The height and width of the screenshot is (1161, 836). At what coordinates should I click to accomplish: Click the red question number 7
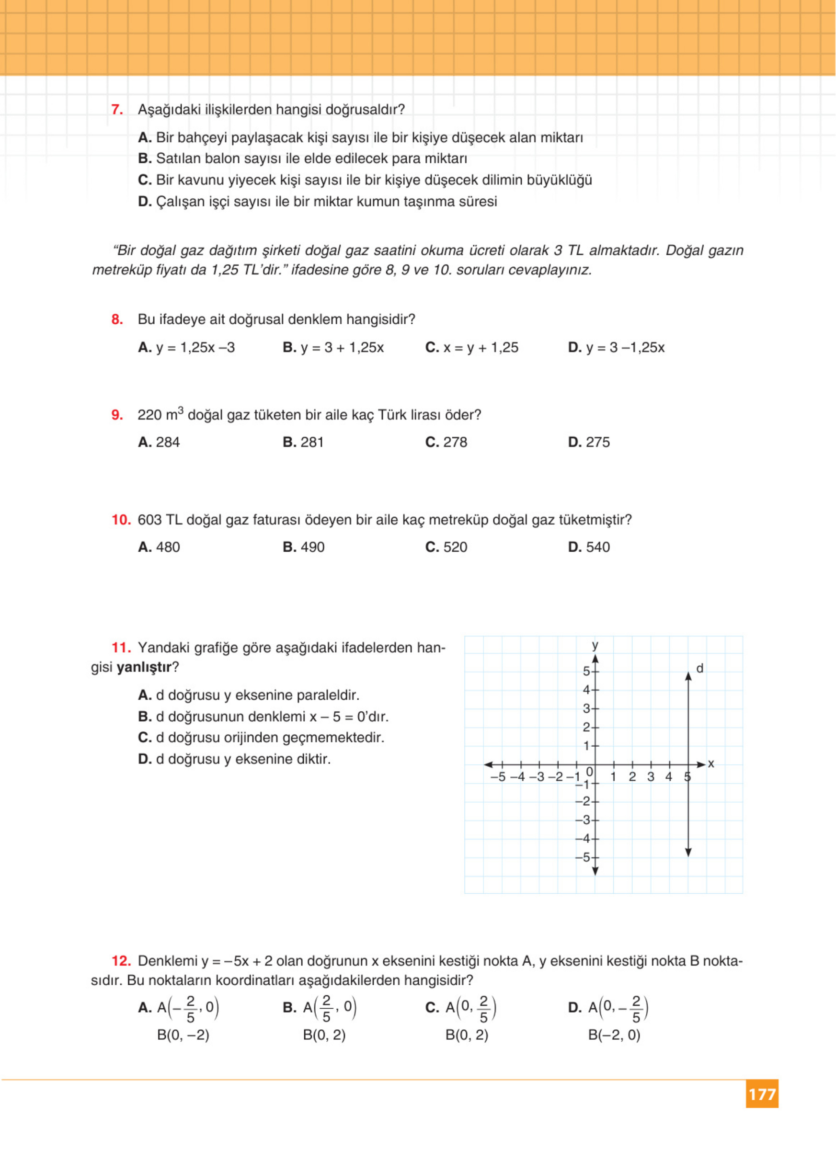[x=117, y=110]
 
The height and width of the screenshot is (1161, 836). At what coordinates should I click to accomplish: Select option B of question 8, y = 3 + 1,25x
[x=333, y=348]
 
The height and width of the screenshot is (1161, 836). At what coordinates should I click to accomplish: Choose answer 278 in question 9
[x=447, y=442]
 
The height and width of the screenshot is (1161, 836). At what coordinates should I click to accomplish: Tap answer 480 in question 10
[x=159, y=547]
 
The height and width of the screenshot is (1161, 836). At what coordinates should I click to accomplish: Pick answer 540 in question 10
[x=589, y=547]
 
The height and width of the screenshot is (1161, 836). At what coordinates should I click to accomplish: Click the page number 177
[x=762, y=1094]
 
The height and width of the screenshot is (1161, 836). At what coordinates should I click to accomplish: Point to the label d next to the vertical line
[x=700, y=668]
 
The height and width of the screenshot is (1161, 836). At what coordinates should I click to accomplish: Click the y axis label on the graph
[x=595, y=645]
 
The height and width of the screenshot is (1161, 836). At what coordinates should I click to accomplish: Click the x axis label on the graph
[x=711, y=764]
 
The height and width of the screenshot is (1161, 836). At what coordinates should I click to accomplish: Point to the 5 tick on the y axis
[x=587, y=671]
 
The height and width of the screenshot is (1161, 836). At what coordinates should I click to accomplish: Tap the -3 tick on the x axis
[x=537, y=777]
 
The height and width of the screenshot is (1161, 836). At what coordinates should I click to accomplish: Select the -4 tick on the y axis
[x=583, y=839]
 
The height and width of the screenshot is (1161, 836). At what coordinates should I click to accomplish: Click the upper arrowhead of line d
[x=688, y=676]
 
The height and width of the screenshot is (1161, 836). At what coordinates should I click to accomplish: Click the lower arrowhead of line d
[x=688, y=853]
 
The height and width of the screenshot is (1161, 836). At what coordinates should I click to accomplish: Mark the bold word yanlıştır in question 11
[x=144, y=668]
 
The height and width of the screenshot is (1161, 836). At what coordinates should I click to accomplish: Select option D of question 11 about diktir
[x=234, y=759]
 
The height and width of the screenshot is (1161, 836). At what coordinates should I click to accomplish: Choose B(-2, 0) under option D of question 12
[x=614, y=1036]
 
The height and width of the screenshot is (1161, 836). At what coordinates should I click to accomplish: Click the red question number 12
[x=121, y=961]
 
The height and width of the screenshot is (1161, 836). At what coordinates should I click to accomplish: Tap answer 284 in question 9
[x=159, y=442]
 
